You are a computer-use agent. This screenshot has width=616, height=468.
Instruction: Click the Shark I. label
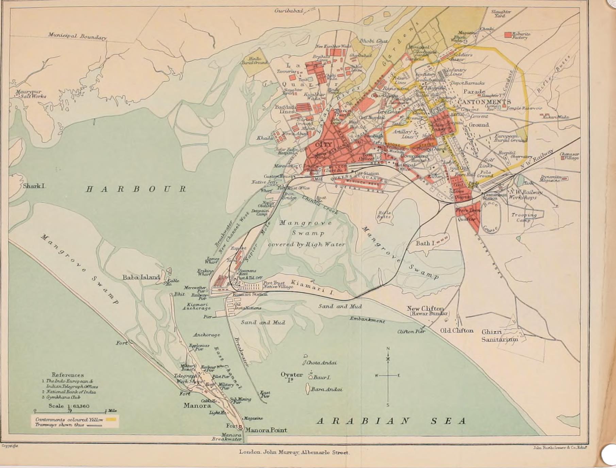34,186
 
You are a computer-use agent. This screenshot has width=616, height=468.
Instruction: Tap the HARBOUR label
136,189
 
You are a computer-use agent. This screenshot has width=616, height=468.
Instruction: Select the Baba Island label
141,277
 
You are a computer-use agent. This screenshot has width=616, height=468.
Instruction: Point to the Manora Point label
266,430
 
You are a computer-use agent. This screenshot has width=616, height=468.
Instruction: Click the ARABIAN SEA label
391,421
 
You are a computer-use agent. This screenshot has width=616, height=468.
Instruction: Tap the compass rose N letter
388,348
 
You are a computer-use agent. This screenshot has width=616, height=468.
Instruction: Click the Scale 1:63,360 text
69,406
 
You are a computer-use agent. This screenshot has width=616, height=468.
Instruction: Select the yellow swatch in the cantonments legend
111,419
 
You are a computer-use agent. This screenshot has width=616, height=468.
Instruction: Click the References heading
68,375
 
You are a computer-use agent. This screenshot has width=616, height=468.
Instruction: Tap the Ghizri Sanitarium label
499,335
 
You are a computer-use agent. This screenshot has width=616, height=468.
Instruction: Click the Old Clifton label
456,330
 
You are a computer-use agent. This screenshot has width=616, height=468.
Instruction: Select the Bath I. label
425,243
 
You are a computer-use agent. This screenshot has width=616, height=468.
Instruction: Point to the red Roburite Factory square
508,35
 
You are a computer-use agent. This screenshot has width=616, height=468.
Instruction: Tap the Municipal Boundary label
77,36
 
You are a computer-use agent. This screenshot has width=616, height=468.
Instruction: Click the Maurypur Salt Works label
31,94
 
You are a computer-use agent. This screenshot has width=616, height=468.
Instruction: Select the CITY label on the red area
323,145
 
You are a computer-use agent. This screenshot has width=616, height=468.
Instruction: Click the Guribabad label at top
288,11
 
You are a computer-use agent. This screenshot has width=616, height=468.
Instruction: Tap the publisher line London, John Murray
294,452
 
